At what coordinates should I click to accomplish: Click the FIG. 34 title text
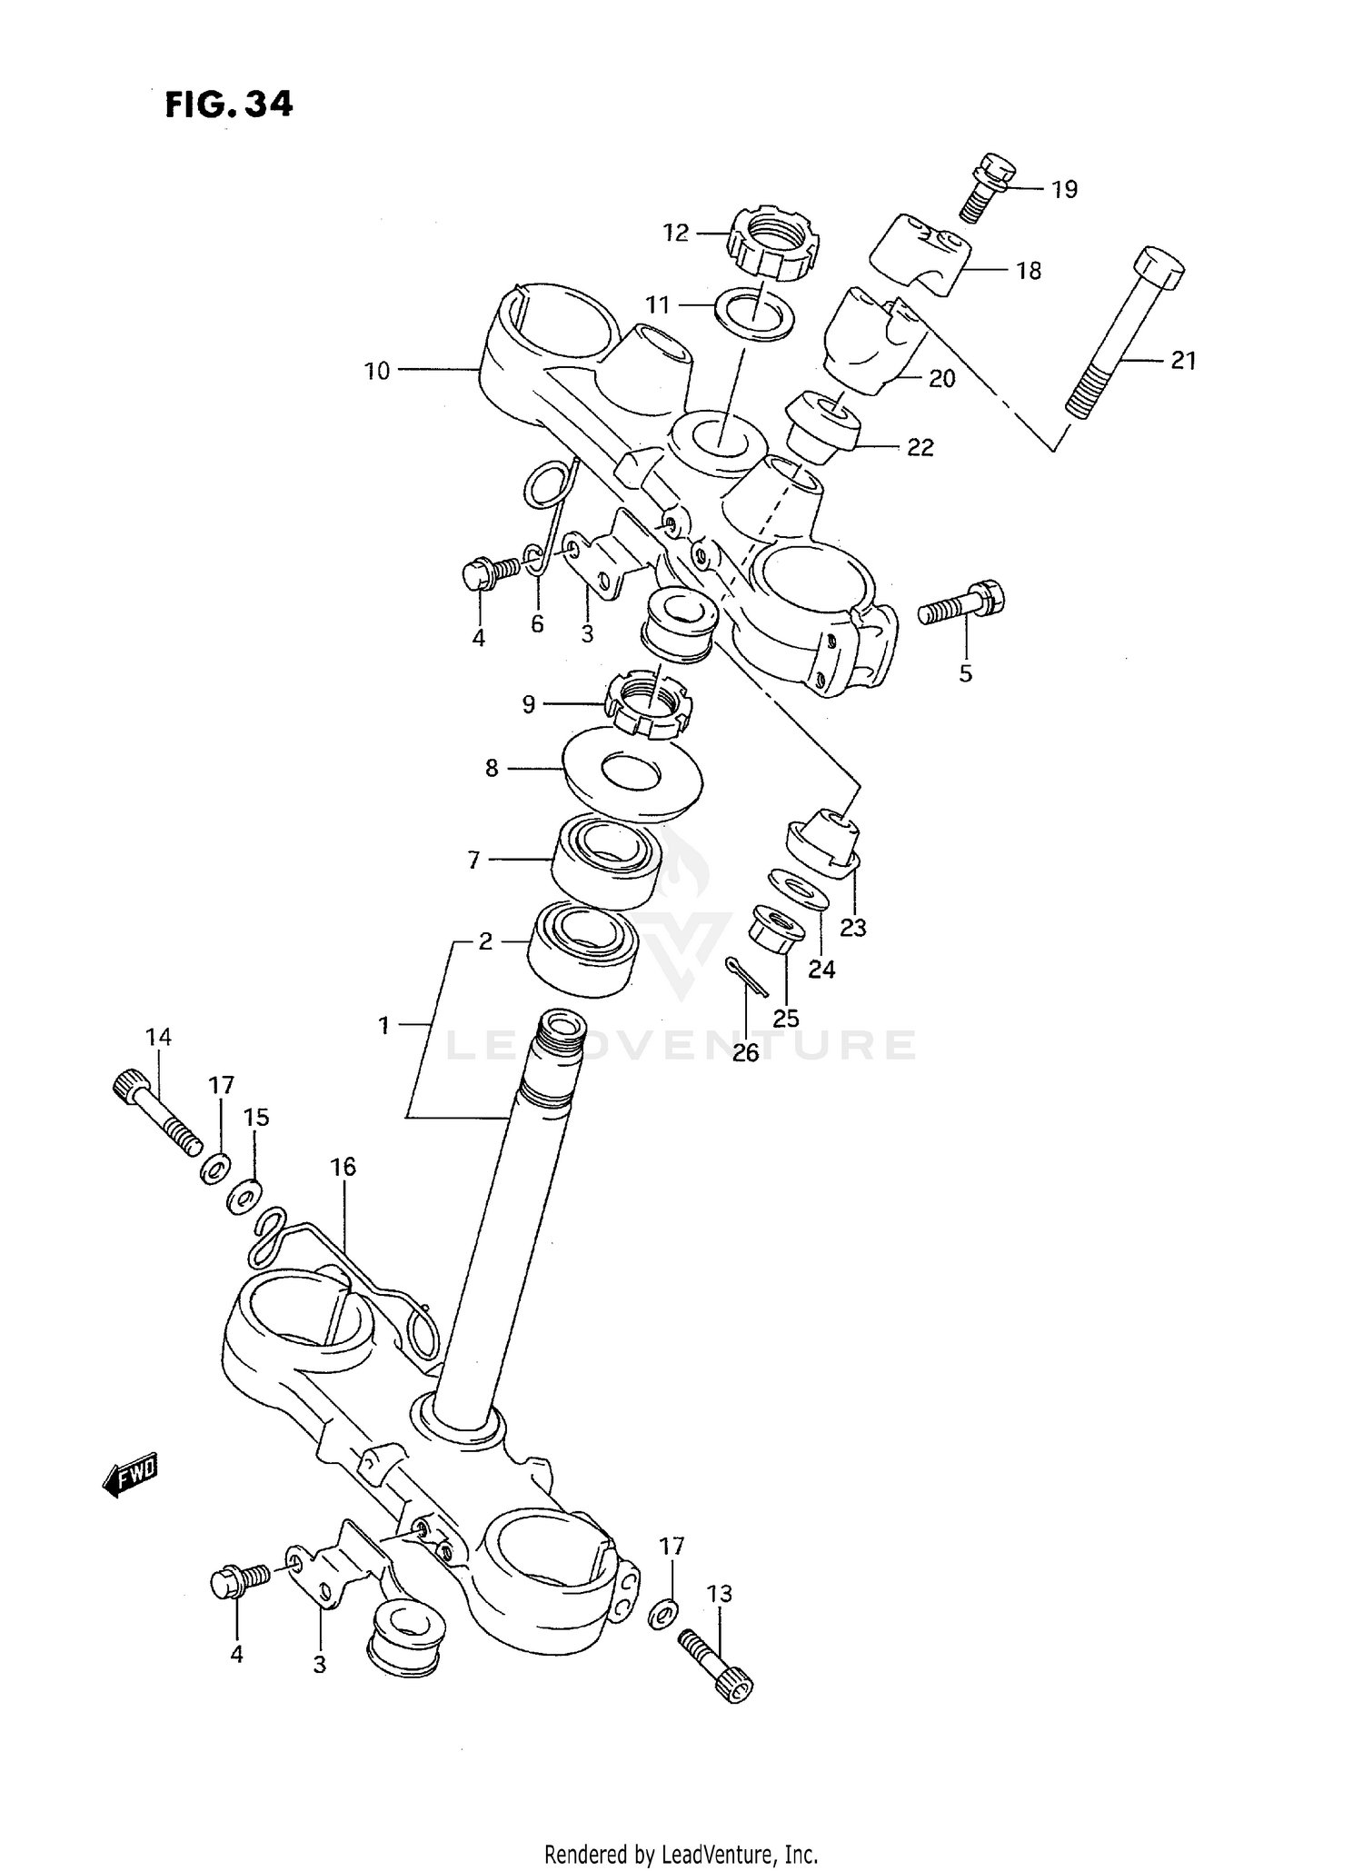click(229, 104)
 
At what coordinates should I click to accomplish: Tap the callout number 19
click(1064, 189)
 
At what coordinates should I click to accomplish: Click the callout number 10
click(376, 371)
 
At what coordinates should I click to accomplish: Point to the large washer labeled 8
click(632, 771)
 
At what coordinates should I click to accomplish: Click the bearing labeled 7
click(604, 861)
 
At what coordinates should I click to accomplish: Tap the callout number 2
click(486, 941)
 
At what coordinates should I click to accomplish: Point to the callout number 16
click(343, 1166)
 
